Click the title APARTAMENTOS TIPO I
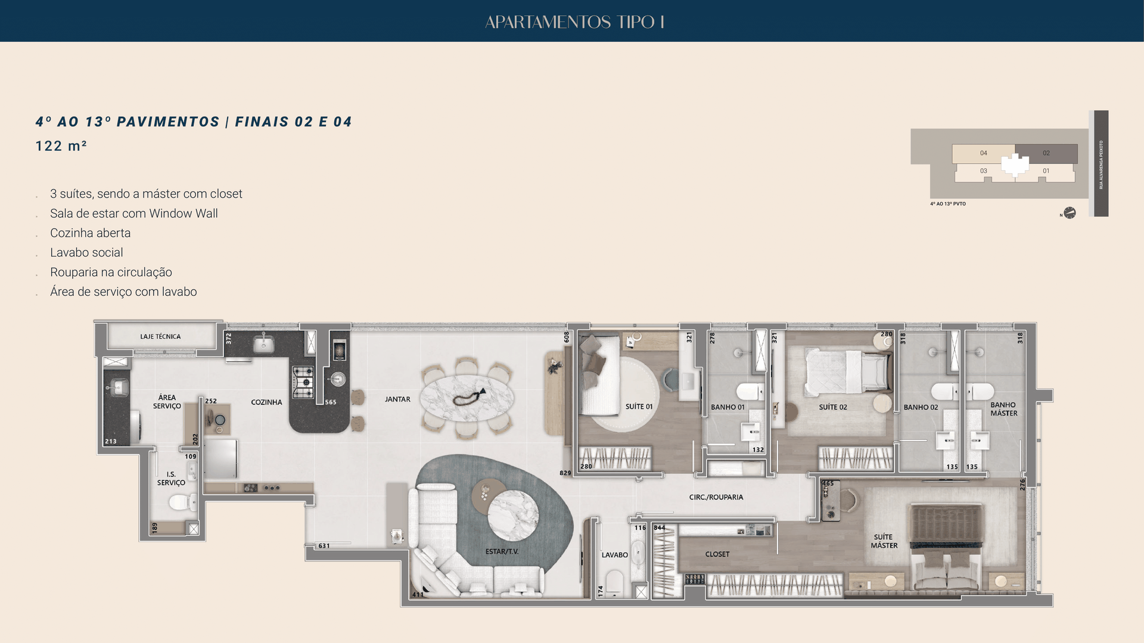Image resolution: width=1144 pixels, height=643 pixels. (x=574, y=22)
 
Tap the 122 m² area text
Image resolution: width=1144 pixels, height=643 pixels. (x=61, y=146)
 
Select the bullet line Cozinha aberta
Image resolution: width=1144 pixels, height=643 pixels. (x=90, y=233)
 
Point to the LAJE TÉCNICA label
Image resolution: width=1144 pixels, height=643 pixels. (x=160, y=336)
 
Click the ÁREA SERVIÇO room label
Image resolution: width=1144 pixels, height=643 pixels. (x=167, y=401)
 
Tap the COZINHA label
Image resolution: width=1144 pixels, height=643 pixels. (x=266, y=402)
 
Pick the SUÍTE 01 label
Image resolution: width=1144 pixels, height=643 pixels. (x=639, y=407)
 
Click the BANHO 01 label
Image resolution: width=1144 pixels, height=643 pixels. (x=728, y=407)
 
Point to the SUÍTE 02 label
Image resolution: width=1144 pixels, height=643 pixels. (x=832, y=407)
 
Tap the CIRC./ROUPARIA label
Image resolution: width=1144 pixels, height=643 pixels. (x=716, y=497)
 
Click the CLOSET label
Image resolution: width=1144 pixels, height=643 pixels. (x=717, y=554)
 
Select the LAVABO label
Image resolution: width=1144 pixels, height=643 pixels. (x=614, y=555)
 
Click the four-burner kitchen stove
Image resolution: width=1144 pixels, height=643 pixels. (x=303, y=382)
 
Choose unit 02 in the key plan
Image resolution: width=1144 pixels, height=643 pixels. (x=1046, y=153)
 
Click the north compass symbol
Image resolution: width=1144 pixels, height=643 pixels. (x=1070, y=213)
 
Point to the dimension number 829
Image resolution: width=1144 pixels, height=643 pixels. (x=565, y=473)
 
